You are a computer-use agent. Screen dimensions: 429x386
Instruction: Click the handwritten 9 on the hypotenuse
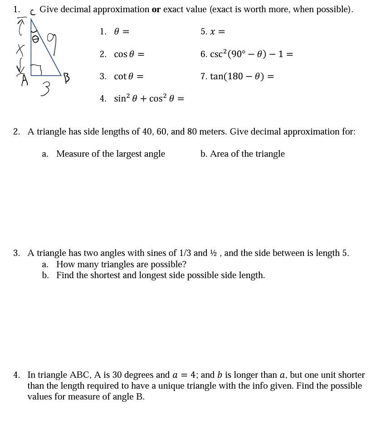pyautogui.click(x=52, y=44)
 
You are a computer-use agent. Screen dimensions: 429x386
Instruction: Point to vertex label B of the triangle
pyautogui.click(x=66, y=78)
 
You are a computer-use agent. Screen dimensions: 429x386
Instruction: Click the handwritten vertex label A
pyautogui.click(x=24, y=80)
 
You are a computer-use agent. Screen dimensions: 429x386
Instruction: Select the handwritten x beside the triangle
pyautogui.click(x=20, y=49)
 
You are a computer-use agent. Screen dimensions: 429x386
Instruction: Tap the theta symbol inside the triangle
pyautogui.click(x=35, y=40)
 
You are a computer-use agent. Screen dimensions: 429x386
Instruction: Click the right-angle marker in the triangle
pyautogui.click(x=36, y=69)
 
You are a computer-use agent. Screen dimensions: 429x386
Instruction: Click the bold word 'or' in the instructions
pyautogui.click(x=156, y=10)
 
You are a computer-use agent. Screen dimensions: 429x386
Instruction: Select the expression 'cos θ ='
pyautogui.click(x=129, y=54)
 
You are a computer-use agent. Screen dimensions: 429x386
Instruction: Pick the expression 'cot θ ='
pyautogui.click(x=128, y=77)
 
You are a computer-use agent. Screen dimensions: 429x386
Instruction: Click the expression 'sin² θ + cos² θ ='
pyautogui.click(x=149, y=99)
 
